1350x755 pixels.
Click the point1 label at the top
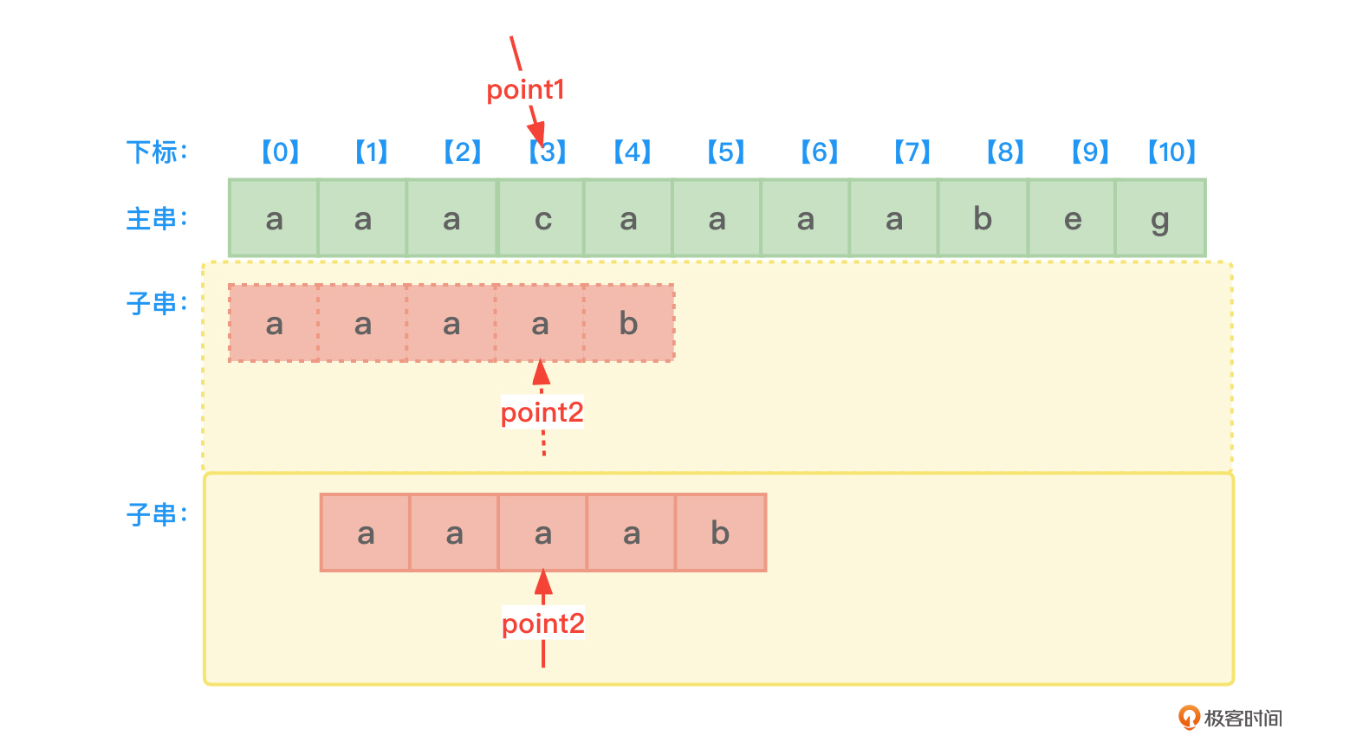click(x=525, y=89)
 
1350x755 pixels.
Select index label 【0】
click(x=280, y=152)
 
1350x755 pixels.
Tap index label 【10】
click(x=1172, y=152)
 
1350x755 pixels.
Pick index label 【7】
click(x=912, y=152)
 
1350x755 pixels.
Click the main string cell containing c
click(x=542, y=219)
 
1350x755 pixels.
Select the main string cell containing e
click(x=1073, y=219)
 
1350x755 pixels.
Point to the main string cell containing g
click(x=1160, y=219)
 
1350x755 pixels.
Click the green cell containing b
click(x=983, y=219)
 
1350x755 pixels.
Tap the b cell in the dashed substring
click(x=629, y=324)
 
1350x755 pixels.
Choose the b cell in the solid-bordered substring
click(x=720, y=533)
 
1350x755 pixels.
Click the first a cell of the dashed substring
click(x=274, y=324)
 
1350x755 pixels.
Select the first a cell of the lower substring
click(x=366, y=533)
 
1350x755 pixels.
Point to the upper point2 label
click(x=542, y=412)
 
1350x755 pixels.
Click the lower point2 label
click(x=543, y=623)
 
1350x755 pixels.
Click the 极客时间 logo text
click(x=1243, y=718)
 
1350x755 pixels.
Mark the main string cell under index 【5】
click(x=717, y=219)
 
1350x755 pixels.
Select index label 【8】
click(x=1005, y=152)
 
